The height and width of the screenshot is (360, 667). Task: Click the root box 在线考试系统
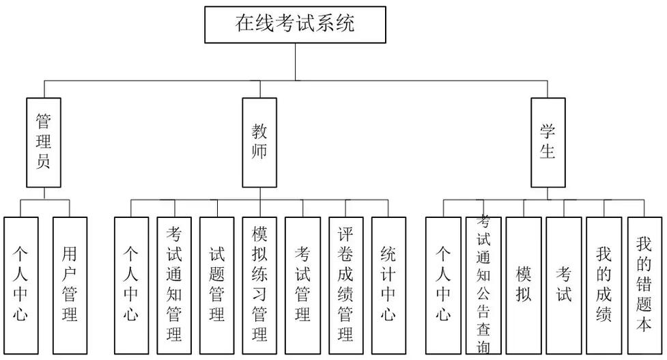pyautogui.click(x=295, y=25)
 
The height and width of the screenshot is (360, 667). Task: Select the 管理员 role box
pyautogui.click(x=44, y=142)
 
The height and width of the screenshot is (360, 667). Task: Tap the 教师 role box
pyautogui.click(x=259, y=142)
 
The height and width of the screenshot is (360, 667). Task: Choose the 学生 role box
pyautogui.click(x=548, y=142)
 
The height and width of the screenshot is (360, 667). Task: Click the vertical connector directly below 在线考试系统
pyautogui.click(x=295, y=62)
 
